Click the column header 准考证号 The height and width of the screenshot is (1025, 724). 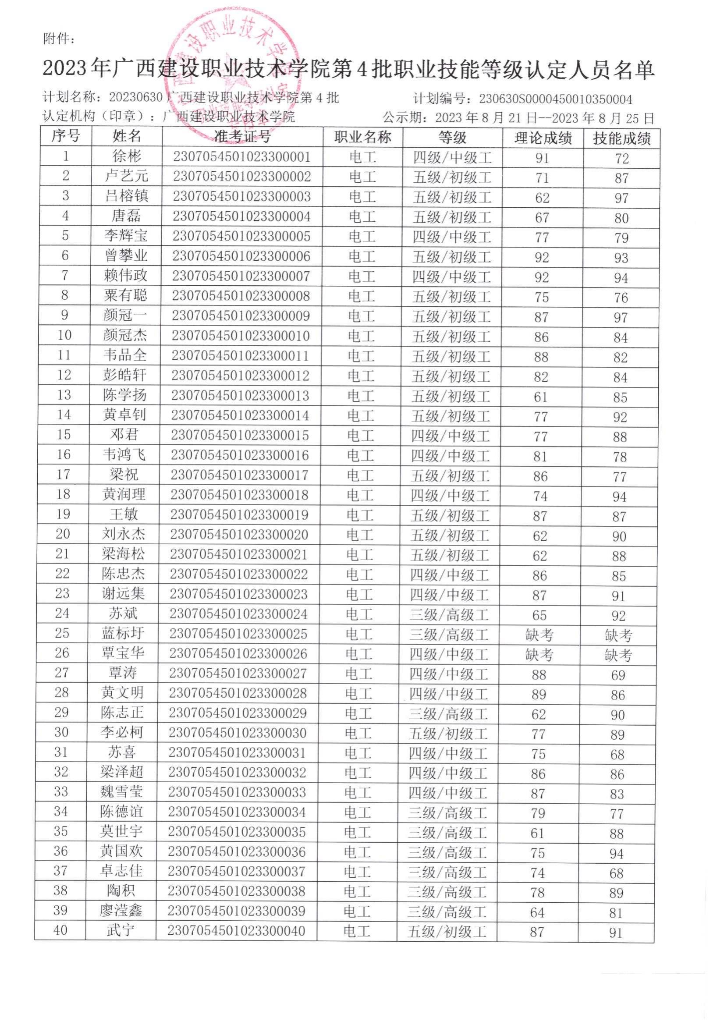(x=242, y=137)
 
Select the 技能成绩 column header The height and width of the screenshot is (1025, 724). (x=621, y=139)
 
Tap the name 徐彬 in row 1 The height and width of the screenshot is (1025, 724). (x=127, y=156)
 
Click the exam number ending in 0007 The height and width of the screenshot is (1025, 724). (x=241, y=276)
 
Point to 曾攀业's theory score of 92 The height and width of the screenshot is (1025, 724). (x=542, y=258)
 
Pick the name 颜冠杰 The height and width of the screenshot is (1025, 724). (x=125, y=335)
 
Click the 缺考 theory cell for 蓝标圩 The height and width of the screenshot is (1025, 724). (x=539, y=635)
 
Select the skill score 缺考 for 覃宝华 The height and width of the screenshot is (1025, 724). (x=618, y=655)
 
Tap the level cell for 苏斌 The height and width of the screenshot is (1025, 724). (x=449, y=615)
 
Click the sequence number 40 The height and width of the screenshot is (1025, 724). (x=60, y=930)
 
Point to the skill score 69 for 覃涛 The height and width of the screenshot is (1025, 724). (x=618, y=675)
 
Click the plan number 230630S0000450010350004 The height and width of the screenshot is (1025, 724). (x=555, y=99)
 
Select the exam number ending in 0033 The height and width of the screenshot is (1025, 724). (x=237, y=792)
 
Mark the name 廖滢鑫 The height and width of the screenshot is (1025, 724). (x=121, y=910)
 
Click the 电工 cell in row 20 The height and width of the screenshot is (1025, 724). (x=360, y=534)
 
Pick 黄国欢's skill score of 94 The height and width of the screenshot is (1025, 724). (x=617, y=854)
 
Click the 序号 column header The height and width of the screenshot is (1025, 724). (x=66, y=136)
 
